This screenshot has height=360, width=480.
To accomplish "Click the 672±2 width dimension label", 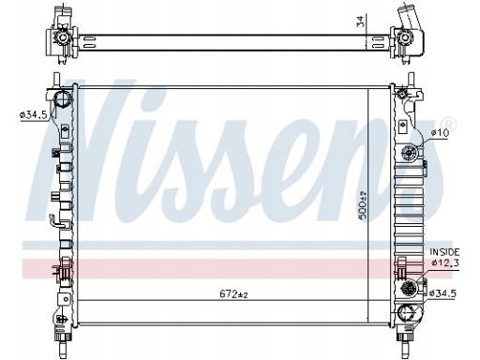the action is coord(233,293).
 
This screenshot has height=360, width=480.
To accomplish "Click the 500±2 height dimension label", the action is coord(363,206).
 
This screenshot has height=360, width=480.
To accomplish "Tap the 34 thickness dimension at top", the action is coord(361,22).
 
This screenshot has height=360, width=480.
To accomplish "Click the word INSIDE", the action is coord(444,252).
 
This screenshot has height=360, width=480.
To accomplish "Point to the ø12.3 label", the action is coord(445,262).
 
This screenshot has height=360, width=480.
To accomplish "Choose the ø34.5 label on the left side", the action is coord(33,115).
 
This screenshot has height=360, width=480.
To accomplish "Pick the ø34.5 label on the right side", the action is coord(442,293).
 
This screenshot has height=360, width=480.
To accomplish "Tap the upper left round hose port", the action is coord(63,98).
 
